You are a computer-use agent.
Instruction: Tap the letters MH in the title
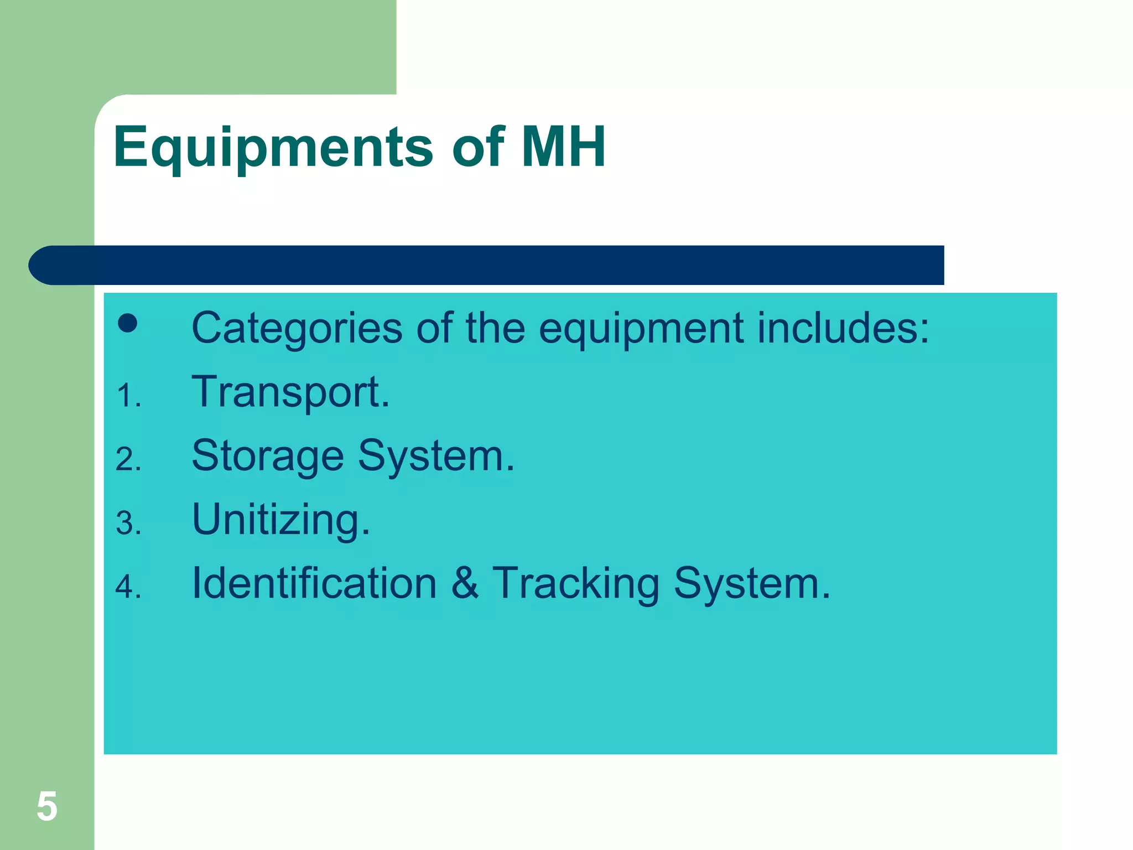click(x=563, y=147)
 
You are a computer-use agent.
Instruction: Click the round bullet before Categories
click(x=128, y=323)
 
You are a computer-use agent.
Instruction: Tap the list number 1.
click(x=128, y=396)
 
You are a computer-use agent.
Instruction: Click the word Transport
click(x=290, y=393)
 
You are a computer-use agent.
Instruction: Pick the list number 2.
click(x=128, y=460)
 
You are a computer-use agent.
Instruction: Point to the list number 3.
click(x=128, y=524)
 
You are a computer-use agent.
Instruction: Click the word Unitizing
click(x=280, y=521)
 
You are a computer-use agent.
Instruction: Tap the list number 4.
click(x=128, y=587)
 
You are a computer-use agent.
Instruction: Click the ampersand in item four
click(x=465, y=583)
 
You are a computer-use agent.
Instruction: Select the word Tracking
click(x=575, y=584)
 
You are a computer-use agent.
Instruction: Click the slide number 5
click(x=47, y=807)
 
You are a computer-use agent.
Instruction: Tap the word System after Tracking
click(x=752, y=584)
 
